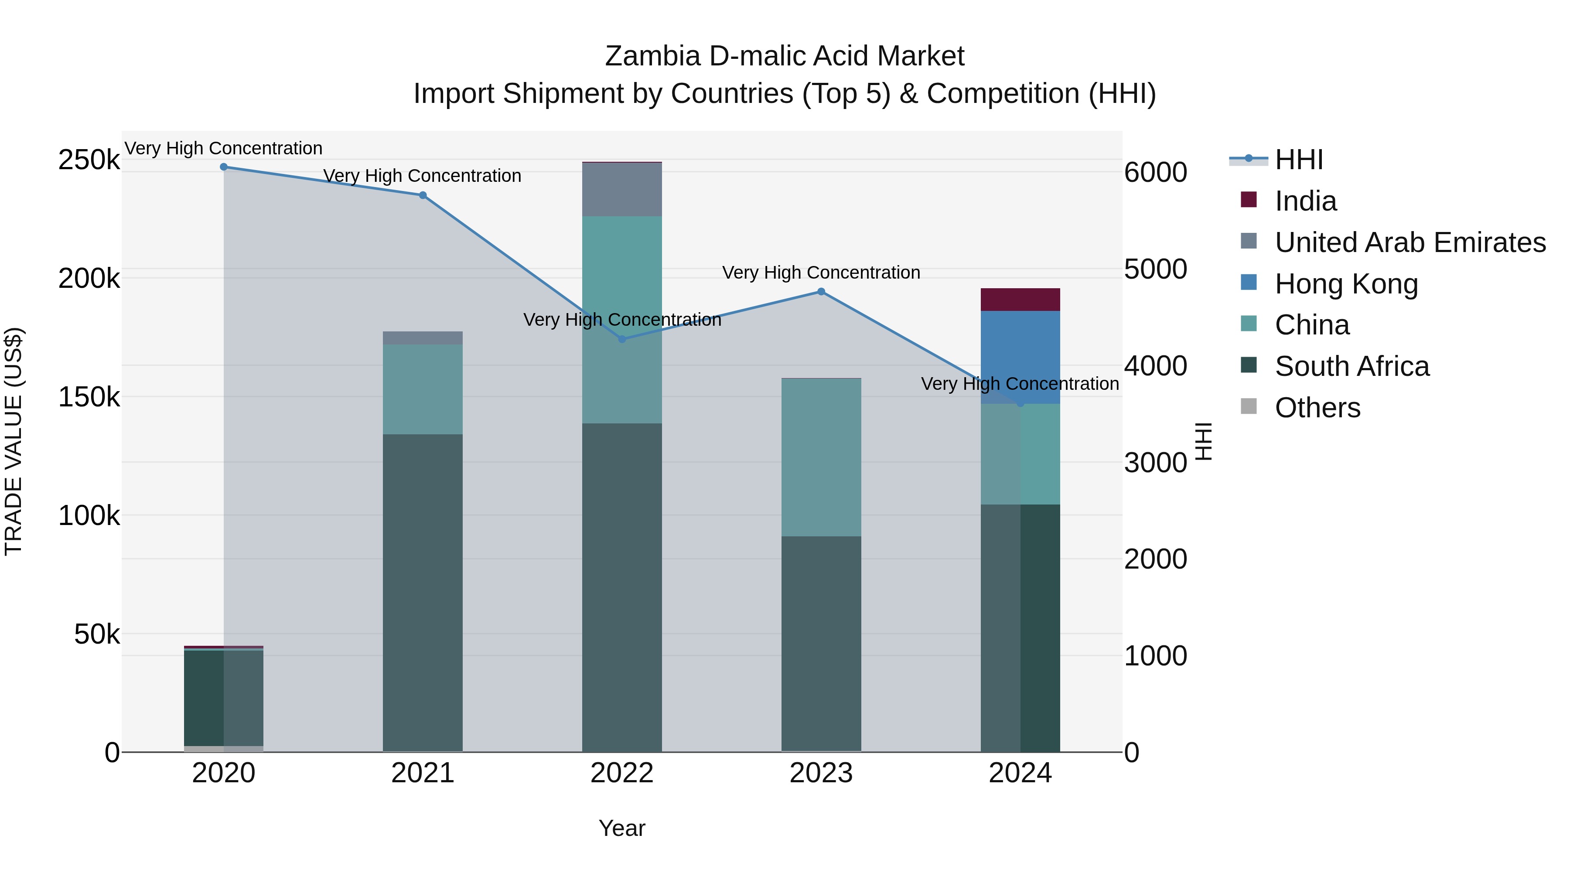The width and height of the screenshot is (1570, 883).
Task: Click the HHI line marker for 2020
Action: click(x=224, y=167)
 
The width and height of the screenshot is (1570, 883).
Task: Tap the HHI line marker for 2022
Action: click(x=622, y=339)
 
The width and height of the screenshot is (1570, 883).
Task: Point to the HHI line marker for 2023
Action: click(x=821, y=292)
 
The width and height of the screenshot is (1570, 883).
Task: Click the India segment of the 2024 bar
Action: click(x=1020, y=300)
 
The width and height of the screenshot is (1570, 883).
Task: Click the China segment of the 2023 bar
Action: click(x=821, y=457)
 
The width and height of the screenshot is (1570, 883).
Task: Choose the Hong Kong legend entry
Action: click(x=1346, y=284)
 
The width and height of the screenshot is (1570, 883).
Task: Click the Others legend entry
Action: click(x=1317, y=408)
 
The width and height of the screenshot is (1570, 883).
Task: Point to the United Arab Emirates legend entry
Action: click(x=1410, y=242)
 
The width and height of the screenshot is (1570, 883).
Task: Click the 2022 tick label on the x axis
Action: click(x=622, y=773)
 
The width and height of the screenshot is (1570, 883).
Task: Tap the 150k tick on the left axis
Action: click(x=89, y=397)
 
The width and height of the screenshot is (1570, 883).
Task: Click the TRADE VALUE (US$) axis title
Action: click(x=14, y=441)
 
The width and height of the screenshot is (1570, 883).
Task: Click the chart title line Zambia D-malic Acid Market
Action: click(x=785, y=56)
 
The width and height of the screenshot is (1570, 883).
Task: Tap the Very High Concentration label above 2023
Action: click(x=821, y=273)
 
